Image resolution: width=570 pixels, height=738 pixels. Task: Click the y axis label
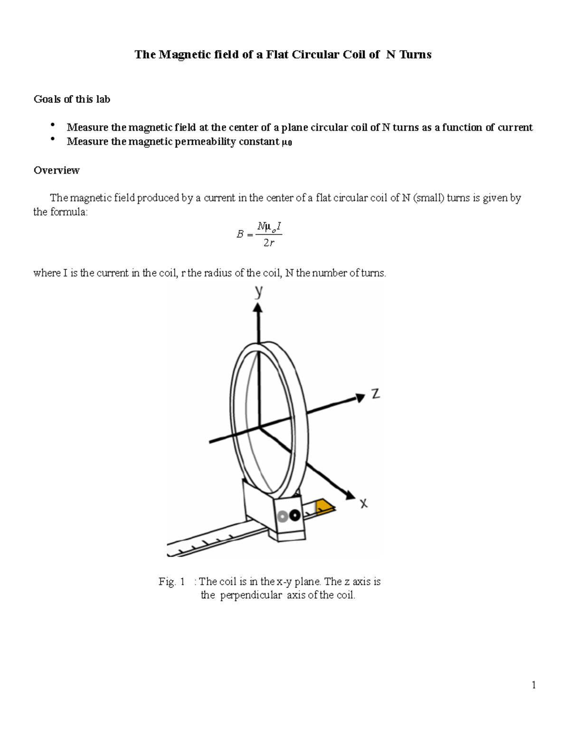click(259, 291)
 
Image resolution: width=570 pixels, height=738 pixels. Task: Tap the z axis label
click(375, 393)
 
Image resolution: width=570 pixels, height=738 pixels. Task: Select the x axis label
click(363, 503)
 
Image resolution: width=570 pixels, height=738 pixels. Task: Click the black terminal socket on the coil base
click(294, 515)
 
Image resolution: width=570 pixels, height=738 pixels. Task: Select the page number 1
click(534, 685)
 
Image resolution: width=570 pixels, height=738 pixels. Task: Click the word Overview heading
click(57, 170)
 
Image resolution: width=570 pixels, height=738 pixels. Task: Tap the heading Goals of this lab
click(72, 99)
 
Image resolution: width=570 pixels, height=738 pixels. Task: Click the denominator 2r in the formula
click(269, 243)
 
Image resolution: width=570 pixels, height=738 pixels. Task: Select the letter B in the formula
click(240, 234)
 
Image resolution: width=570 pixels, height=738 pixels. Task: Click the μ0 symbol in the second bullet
click(286, 142)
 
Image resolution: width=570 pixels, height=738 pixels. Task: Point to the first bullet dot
click(52, 125)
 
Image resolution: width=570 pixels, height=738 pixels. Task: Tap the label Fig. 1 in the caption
click(171, 581)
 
